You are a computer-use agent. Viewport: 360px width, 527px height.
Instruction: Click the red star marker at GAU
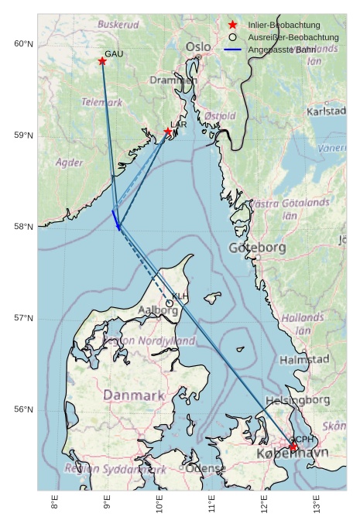(x=102, y=61)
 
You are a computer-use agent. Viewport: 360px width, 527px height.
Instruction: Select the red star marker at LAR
(x=168, y=132)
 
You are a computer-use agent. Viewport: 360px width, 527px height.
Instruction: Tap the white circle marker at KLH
(x=170, y=303)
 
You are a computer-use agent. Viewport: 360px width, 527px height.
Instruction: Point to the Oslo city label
(x=198, y=48)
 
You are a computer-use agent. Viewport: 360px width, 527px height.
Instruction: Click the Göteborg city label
(x=258, y=248)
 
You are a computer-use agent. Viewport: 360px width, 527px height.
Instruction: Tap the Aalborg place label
(x=158, y=310)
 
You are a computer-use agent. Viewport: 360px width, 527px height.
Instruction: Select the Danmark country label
(x=134, y=395)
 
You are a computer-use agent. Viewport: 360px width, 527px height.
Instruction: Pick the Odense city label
(x=206, y=468)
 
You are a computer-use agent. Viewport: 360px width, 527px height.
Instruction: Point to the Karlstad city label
(x=326, y=111)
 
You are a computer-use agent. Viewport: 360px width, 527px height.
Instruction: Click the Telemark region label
(x=102, y=102)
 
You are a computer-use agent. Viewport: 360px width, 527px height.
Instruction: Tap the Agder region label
(x=70, y=163)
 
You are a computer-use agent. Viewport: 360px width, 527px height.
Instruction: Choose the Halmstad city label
(x=304, y=360)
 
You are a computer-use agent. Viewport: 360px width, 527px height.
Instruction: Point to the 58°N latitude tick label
(x=24, y=227)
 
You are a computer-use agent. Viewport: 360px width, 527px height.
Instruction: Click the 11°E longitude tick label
(x=212, y=507)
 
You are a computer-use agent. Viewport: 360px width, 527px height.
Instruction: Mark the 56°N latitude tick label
(x=24, y=410)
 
